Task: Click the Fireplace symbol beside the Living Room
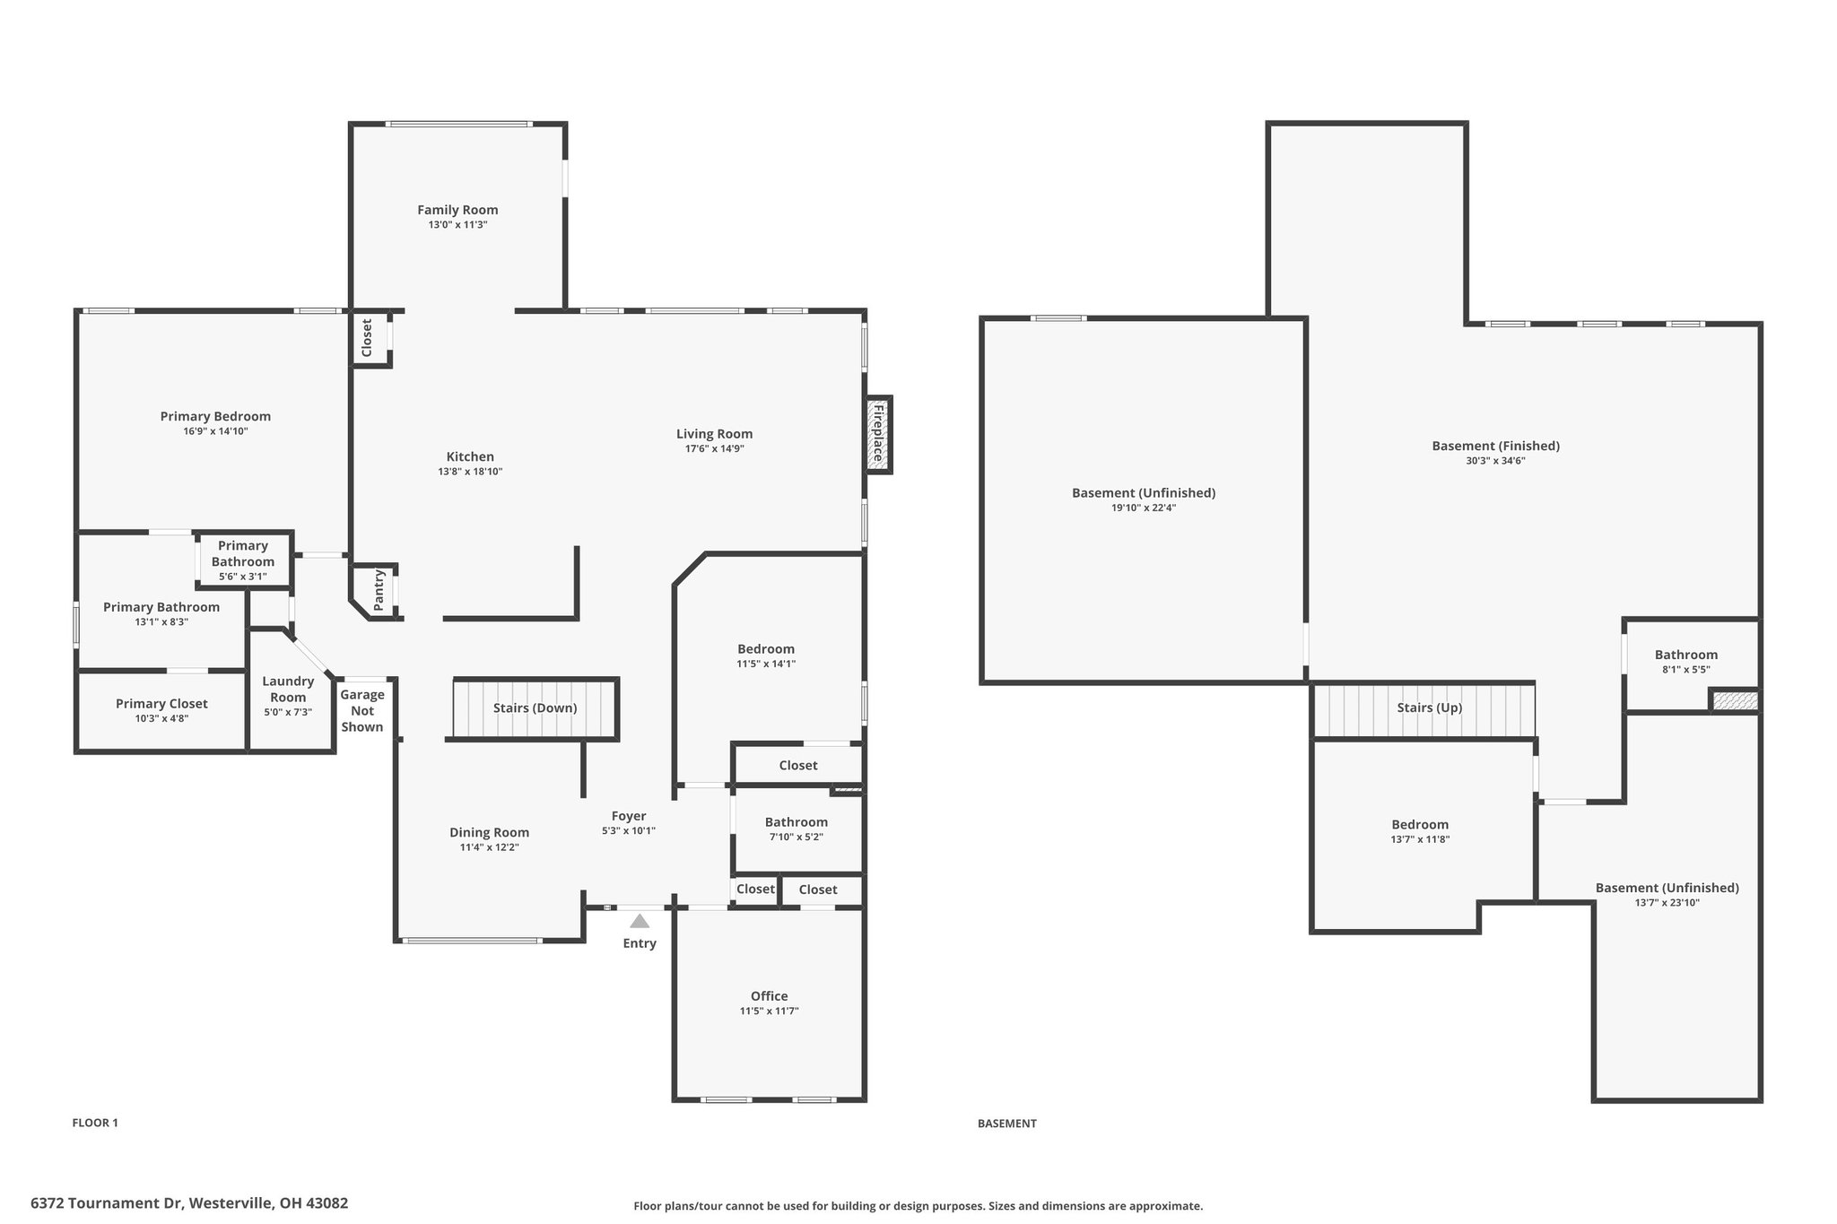coord(878,435)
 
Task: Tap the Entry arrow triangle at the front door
coord(640,921)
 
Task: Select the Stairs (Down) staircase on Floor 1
coord(535,708)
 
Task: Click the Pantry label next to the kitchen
coord(379,591)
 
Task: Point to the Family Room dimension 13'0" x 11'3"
coord(457,225)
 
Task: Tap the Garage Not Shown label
coord(362,710)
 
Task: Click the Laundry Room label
coord(288,690)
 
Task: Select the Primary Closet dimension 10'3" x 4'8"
coord(161,718)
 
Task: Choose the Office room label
coord(770,996)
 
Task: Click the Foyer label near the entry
coord(629,816)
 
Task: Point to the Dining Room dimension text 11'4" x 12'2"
coord(490,847)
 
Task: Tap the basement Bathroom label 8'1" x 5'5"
coord(1686,662)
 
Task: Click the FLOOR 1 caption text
coord(95,1123)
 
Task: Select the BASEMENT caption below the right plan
coord(1007,1124)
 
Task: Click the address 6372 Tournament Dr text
coord(107,1203)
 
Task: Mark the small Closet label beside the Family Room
coord(367,338)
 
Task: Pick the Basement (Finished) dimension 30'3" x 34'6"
coord(1496,461)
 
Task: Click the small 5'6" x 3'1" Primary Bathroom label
coord(243,577)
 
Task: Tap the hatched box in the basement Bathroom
coord(1735,700)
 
